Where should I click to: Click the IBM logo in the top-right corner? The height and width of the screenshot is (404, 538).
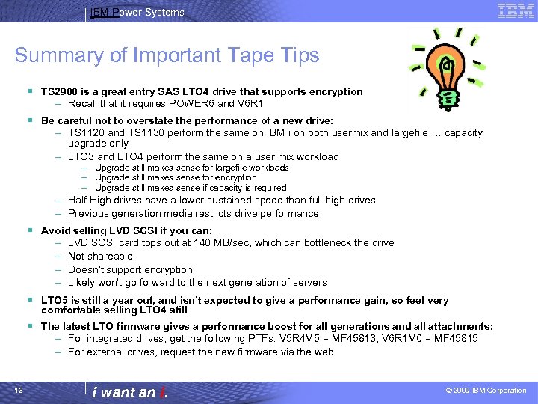pyautogui.click(x=516, y=11)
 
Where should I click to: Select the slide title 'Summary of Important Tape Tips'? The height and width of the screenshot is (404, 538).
pyautogui.click(x=167, y=55)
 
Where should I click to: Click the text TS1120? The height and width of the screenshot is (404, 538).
pyautogui.click(x=84, y=132)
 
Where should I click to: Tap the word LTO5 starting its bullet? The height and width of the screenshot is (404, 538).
pyautogui.click(x=55, y=300)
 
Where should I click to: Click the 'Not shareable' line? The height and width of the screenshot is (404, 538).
pyautogui.click(x=100, y=256)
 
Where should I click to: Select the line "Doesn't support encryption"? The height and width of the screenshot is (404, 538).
pyautogui.click(x=130, y=269)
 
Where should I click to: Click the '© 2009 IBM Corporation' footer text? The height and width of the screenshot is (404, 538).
pyautogui.click(x=486, y=391)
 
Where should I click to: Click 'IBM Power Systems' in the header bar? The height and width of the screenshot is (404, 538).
pyautogui.click(x=137, y=12)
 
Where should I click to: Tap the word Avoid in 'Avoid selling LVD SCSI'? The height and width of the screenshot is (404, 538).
pyautogui.click(x=55, y=230)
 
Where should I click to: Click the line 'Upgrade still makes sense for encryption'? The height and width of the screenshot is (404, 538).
pyautogui.click(x=176, y=177)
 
